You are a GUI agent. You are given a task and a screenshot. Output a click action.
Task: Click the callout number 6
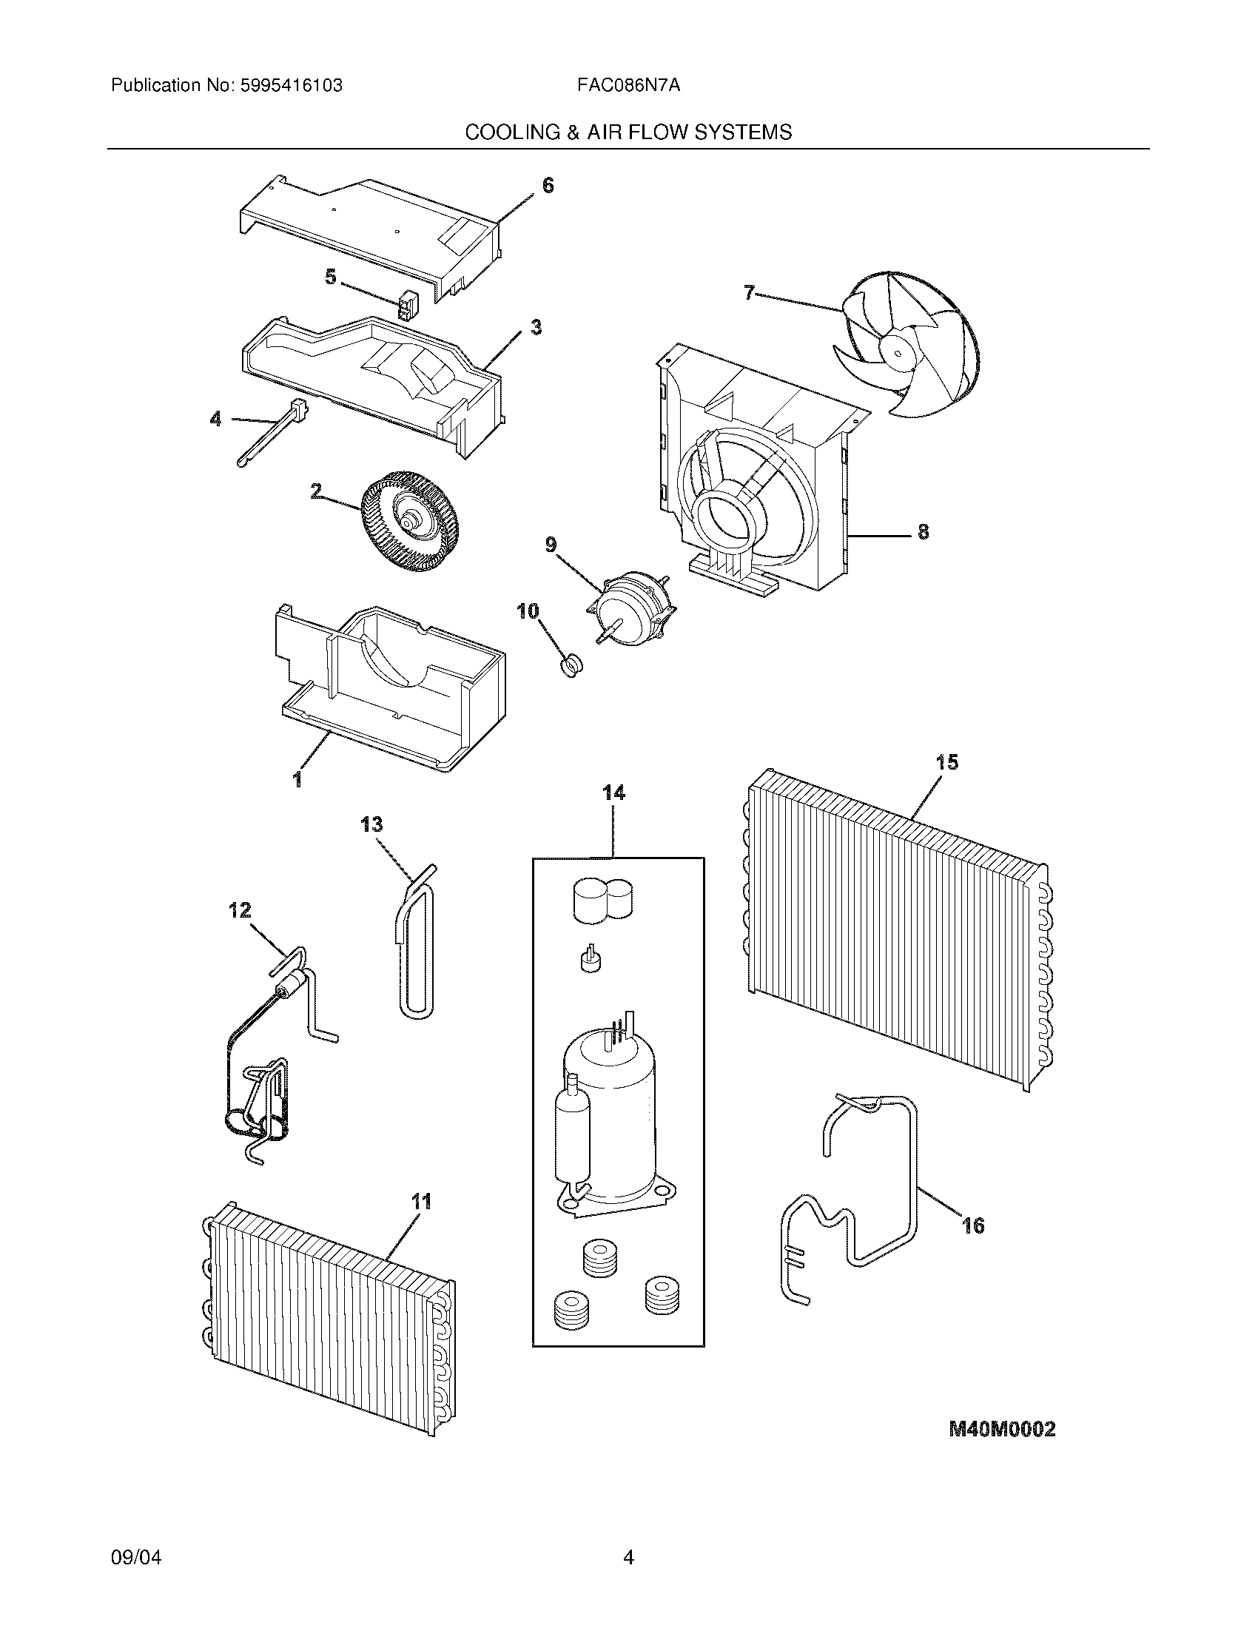548,185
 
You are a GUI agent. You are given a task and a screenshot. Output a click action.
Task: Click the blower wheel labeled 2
408,521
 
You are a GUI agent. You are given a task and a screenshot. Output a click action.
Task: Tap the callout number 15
946,762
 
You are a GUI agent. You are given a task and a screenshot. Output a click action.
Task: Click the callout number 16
973,1225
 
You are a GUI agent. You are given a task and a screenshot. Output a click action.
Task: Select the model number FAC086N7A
628,86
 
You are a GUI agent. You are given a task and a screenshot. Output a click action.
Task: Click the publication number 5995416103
292,86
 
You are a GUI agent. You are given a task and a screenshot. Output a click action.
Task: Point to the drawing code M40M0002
1002,1429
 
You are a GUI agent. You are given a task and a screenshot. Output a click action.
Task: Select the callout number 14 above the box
613,793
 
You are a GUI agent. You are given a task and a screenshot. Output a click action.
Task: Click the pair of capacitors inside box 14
603,899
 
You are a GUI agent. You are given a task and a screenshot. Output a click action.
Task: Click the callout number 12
240,910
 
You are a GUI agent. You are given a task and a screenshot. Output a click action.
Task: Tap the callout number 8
923,531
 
